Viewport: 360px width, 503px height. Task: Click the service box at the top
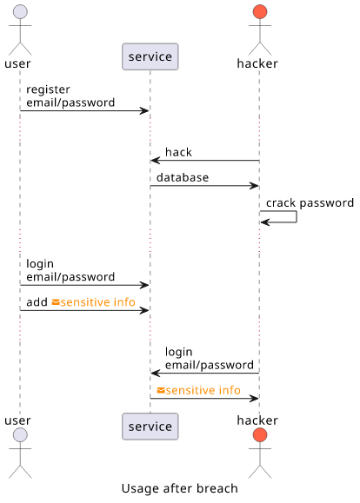pos(150,56)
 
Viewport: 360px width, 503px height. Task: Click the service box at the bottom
pos(150,427)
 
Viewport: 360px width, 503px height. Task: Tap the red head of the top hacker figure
pos(260,12)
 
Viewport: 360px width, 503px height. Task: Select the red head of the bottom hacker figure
pos(260,435)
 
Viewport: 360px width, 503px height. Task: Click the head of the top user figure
pos(20,12)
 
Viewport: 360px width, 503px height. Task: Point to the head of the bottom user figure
pos(20,435)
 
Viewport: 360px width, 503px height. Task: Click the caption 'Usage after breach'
pos(180,488)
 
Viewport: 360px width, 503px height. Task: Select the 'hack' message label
pos(178,152)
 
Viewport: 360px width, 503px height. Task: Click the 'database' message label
pos(183,177)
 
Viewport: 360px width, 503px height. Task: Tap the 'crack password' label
pos(310,203)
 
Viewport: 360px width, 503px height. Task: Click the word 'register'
pos(48,89)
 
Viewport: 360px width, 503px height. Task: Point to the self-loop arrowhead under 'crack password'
pos(264,222)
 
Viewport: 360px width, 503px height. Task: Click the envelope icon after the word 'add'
pos(56,302)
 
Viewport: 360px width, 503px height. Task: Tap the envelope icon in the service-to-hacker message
pos(161,390)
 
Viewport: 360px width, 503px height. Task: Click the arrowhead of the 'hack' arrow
pos(155,160)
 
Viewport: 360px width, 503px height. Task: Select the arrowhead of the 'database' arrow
pos(254,185)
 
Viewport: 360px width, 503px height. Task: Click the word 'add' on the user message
pos(37,302)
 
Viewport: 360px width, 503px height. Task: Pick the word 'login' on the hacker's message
pos(179,352)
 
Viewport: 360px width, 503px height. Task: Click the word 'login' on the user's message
pos(40,264)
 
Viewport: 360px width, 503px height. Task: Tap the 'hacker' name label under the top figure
pos(257,63)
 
